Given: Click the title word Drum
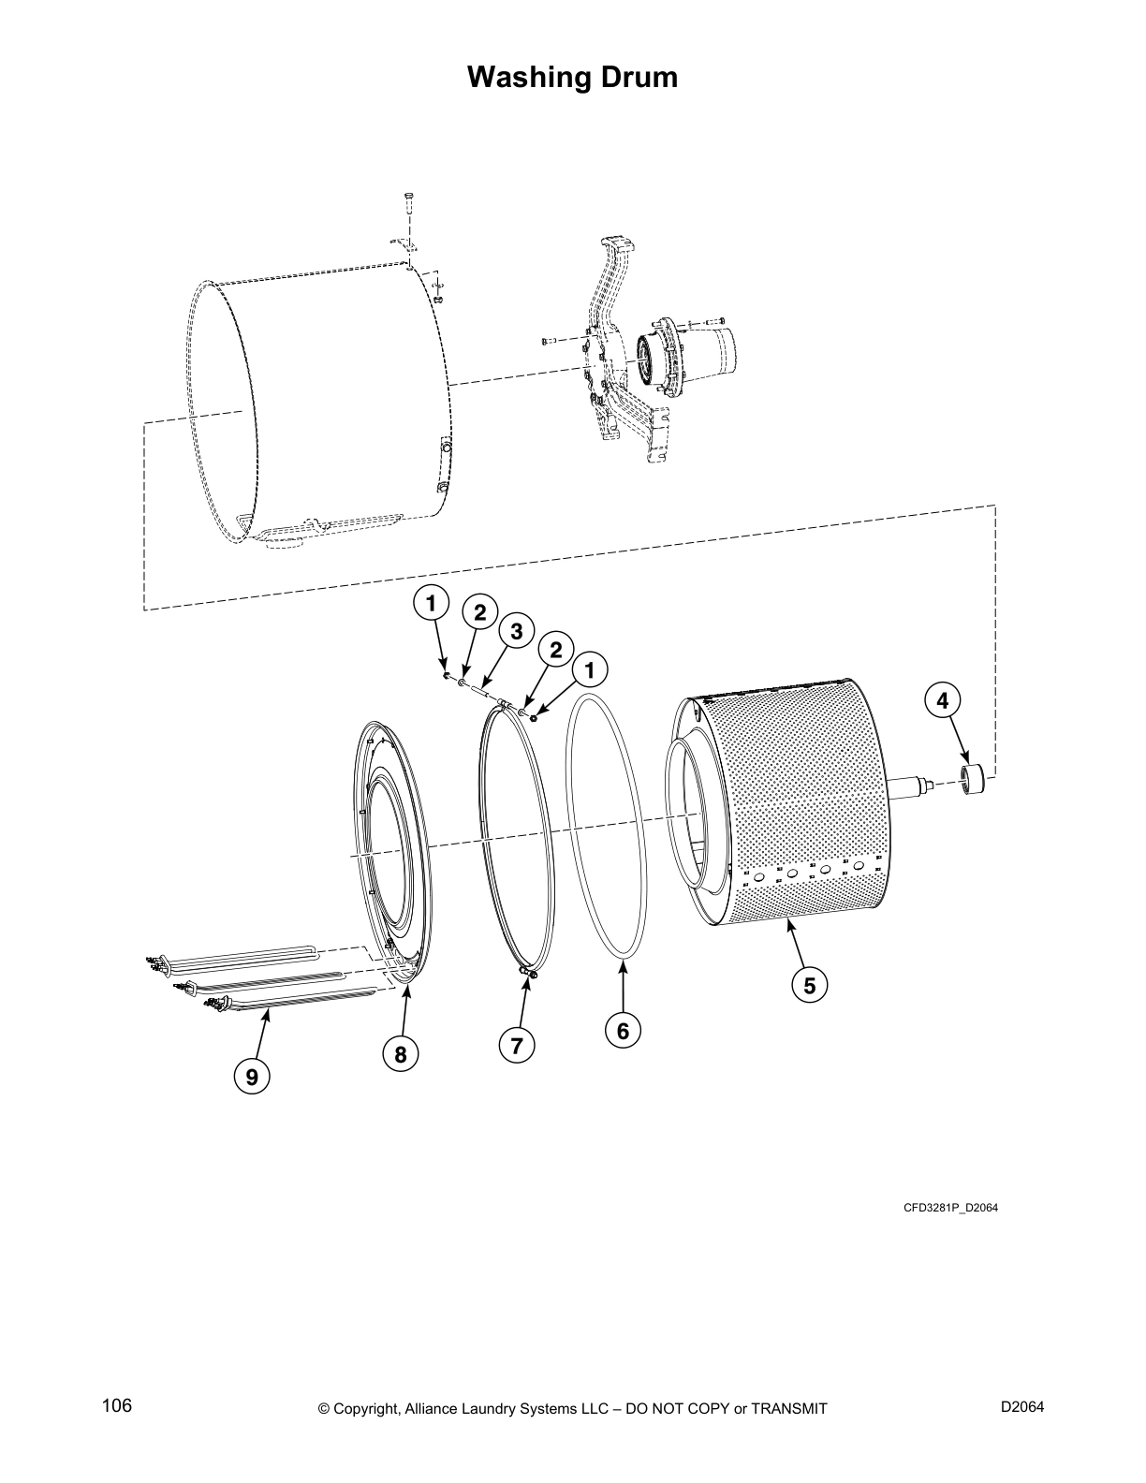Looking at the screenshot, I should tap(630, 77).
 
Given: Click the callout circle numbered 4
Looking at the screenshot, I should tap(943, 699).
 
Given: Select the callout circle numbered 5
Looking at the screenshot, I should tap(810, 985).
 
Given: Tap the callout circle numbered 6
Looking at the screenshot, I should tap(623, 1031).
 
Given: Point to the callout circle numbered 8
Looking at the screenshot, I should tap(401, 1055).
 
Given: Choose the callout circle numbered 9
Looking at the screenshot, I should tap(252, 1078).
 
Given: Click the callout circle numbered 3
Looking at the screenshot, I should tap(515, 630).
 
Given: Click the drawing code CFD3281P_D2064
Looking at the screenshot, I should tap(950, 1208).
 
